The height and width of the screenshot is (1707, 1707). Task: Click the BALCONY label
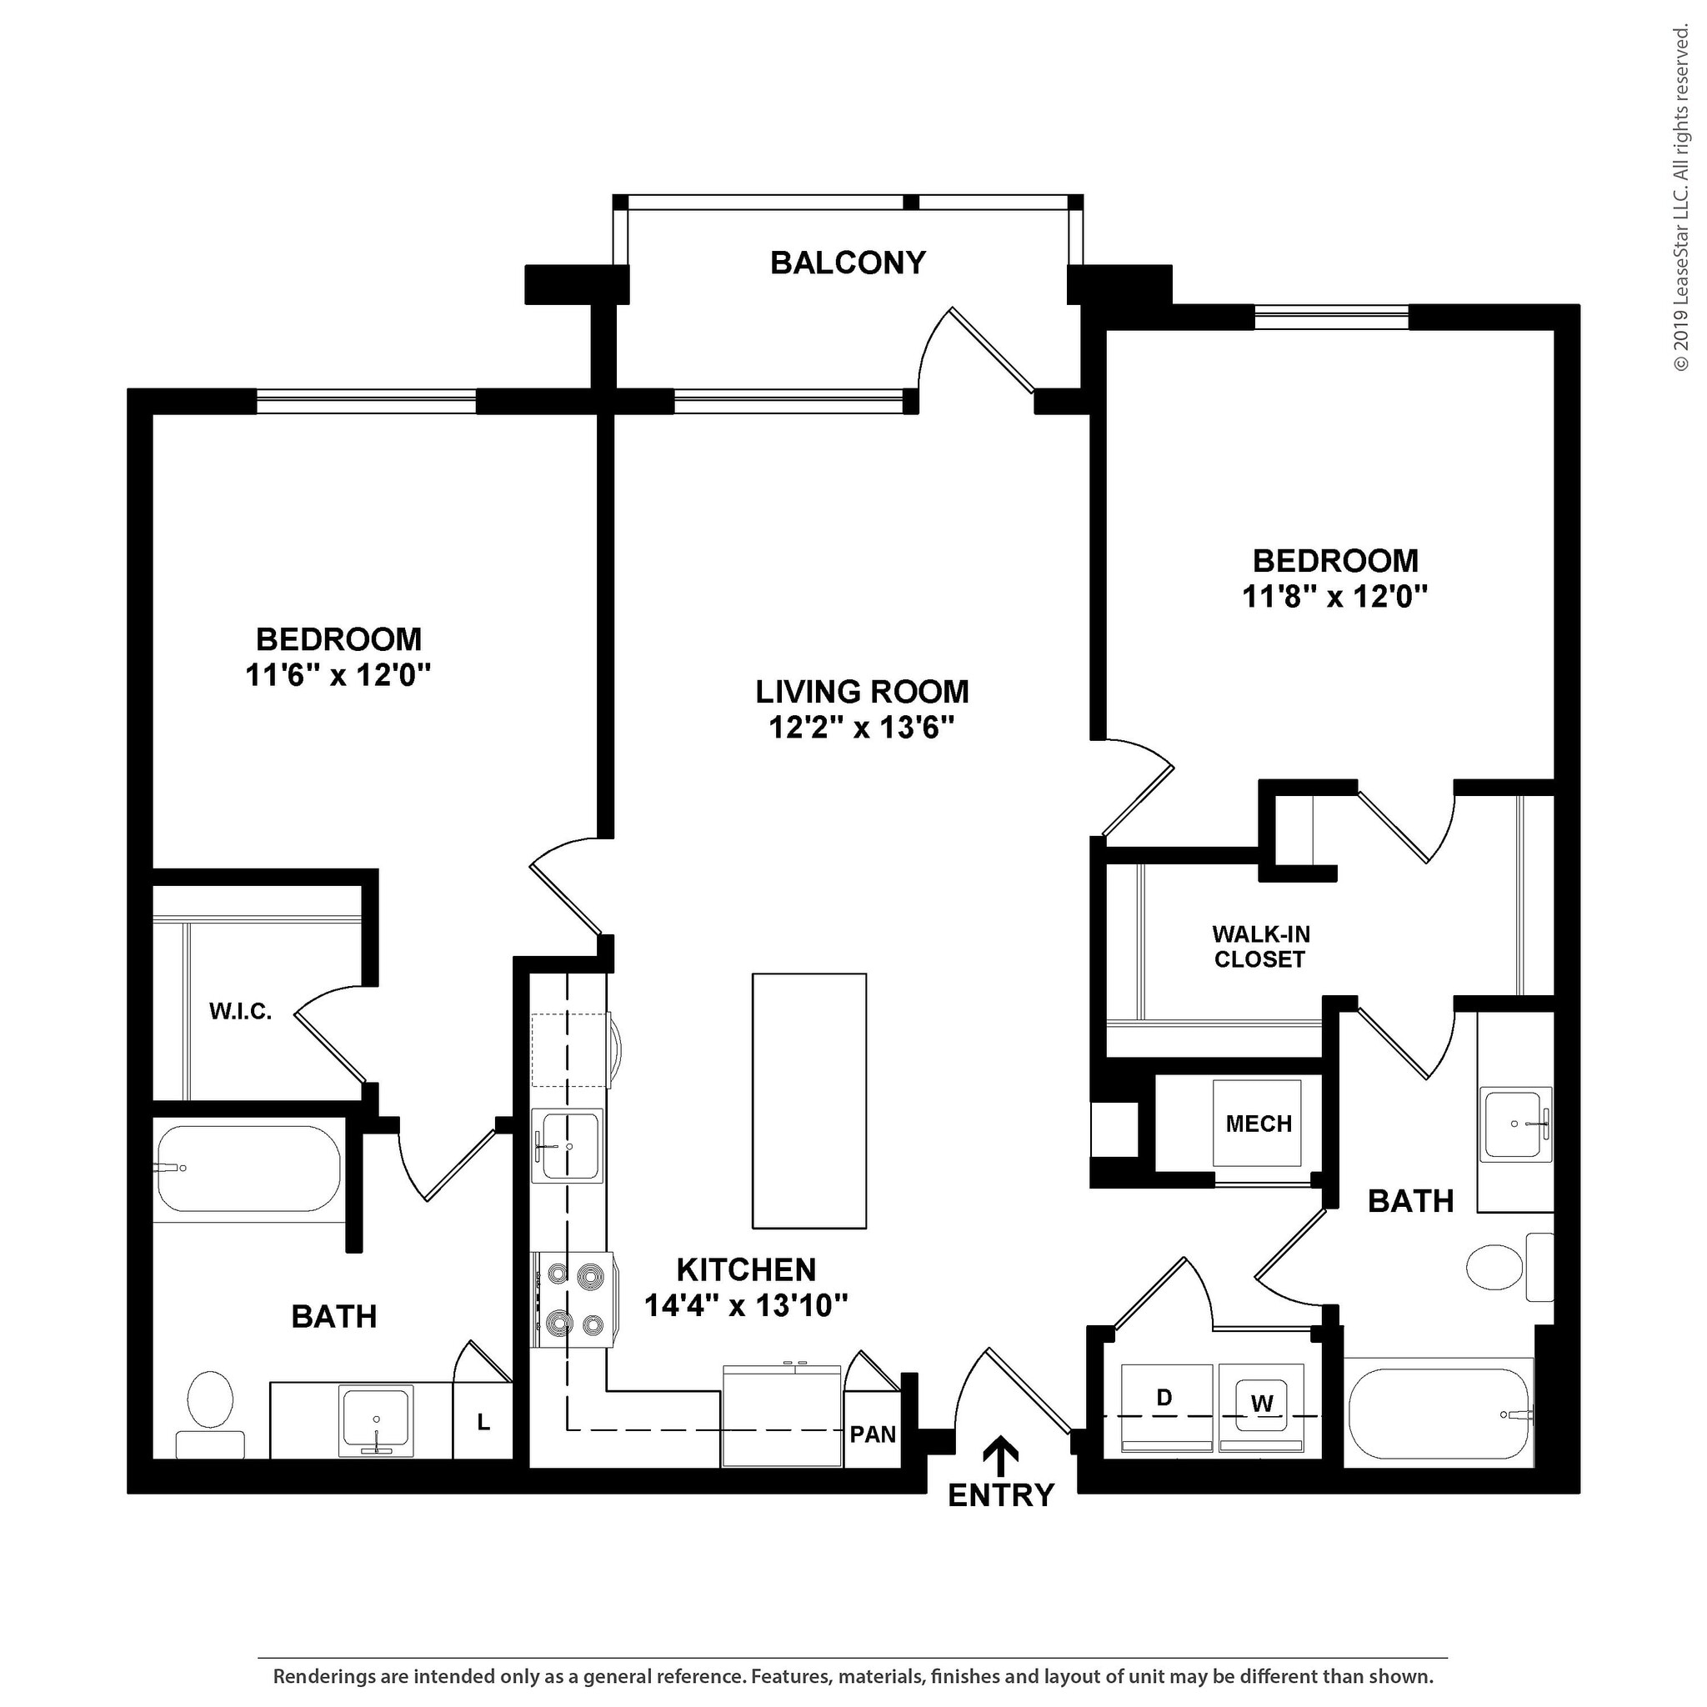(x=848, y=263)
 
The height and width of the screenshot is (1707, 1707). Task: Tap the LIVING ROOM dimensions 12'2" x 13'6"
(x=862, y=727)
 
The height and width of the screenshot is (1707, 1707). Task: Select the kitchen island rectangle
(x=809, y=1101)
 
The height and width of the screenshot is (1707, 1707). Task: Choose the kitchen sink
(x=568, y=1146)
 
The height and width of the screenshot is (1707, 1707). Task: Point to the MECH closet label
(x=1259, y=1124)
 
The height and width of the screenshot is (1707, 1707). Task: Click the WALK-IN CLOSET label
(x=1260, y=946)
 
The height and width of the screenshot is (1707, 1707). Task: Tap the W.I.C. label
(x=240, y=1012)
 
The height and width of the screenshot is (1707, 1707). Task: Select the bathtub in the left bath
(x=248, y=1169)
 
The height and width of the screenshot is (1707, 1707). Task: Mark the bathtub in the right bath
(x=1439, y=1414)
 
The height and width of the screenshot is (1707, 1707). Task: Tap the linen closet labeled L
(x=483, y=1422)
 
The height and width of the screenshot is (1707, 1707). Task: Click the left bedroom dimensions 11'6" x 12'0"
(x=338, y=675)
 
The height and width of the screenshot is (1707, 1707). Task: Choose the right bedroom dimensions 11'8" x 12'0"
(x=1335, y=597)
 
